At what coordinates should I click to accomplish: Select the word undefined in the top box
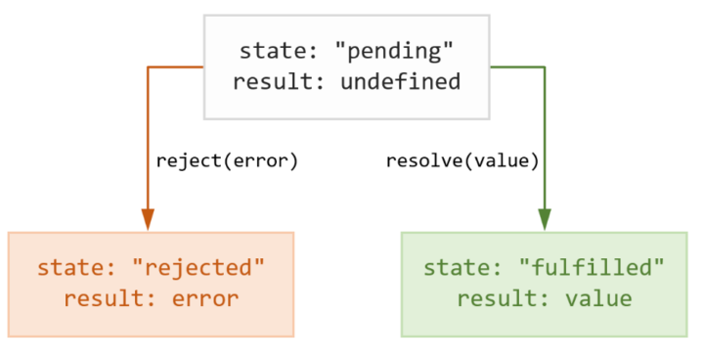tap(400, 81)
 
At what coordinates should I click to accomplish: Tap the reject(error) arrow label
tap(226, 159)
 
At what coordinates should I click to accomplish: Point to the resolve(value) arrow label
tap(462, 159)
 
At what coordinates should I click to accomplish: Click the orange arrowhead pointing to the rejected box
tap(148, 219)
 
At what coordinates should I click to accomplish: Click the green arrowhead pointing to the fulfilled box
tap(545, 219)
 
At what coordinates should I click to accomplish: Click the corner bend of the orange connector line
tap(148, 67)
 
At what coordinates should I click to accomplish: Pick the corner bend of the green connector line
tap(545, 67)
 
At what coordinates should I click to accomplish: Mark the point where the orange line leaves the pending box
tap(204, 67)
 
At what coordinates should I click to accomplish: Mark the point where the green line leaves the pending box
tap(489, 67)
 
